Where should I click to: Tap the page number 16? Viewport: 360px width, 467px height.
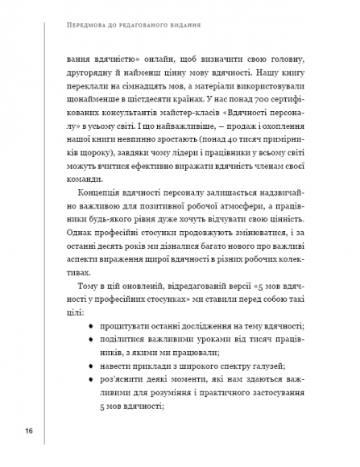pyautogui.click(x=29, y=432)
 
